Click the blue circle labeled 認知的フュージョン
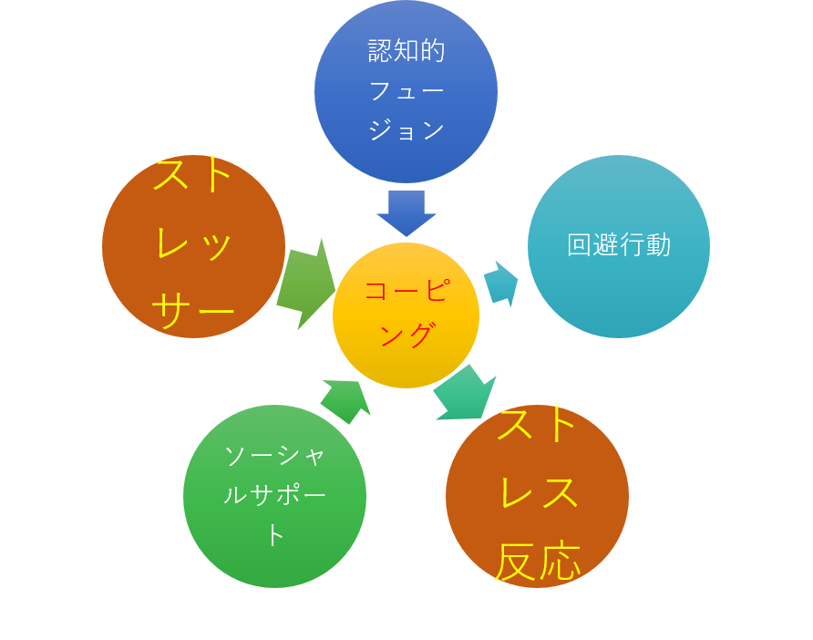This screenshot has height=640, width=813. pos(406,91)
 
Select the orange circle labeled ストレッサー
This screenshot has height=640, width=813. pos(193,246)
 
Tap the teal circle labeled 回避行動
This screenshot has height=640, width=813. pos(619,246)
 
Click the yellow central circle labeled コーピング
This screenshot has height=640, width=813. pos(406,315)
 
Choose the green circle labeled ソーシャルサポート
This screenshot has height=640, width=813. pos(274,496)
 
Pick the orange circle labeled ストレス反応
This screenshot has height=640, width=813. pos(537,496)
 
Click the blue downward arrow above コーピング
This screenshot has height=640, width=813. pos(406,212)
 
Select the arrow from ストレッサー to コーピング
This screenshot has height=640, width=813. pos(305,284)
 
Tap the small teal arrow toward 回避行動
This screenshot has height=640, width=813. pos(500,283)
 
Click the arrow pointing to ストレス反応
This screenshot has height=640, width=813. pos(466,395)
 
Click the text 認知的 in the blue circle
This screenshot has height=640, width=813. pos(406,51)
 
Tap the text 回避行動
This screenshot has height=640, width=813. pos(619,245)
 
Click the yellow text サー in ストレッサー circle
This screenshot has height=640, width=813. pos(194,313)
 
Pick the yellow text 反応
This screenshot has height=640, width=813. pos(538,562)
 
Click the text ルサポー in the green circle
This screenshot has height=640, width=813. pos(274,495)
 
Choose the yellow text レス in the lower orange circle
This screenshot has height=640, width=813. pos(538,493)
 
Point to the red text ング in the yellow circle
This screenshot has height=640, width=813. pos(406,335)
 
